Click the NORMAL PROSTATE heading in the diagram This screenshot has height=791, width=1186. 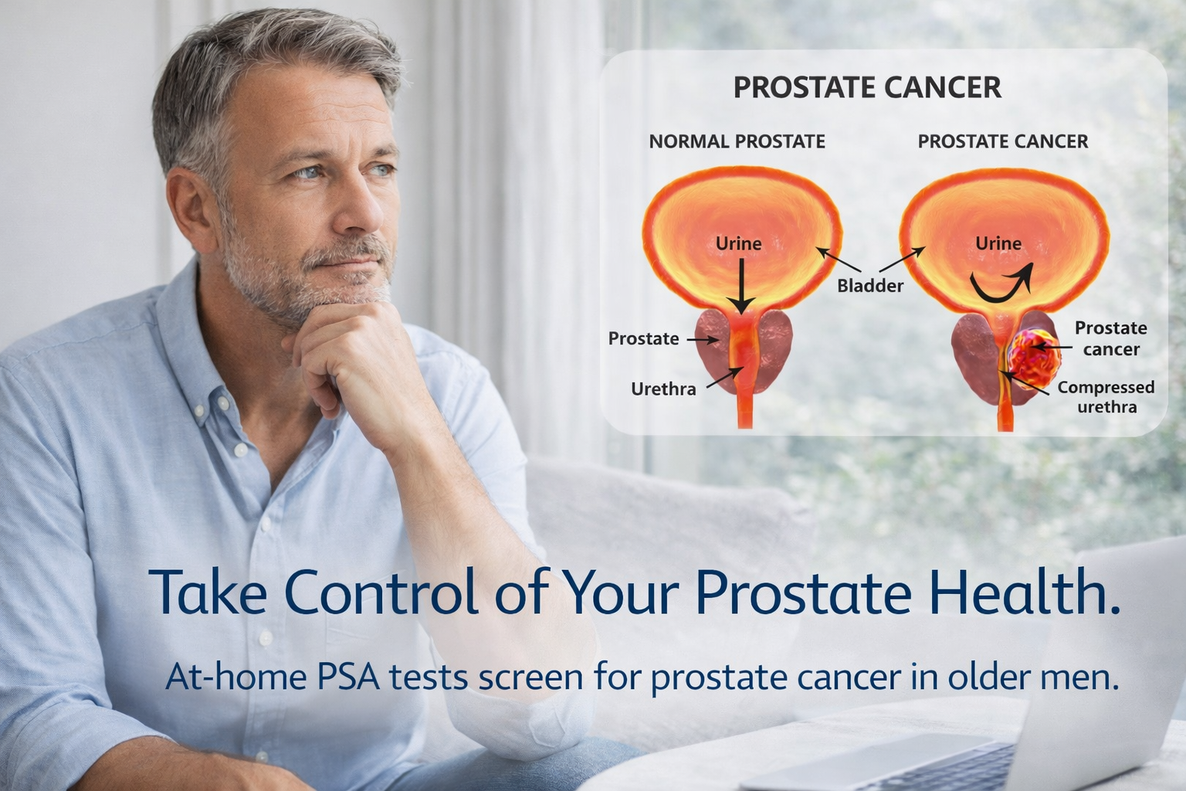click(x=737, y=141)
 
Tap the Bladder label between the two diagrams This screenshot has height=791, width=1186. click(x=870, y=286)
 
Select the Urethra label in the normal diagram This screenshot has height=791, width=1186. click(x=663, y=389)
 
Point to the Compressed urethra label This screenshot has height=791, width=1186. click(x=1106, y=397)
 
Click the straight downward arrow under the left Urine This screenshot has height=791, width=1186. click(x=740, y=286)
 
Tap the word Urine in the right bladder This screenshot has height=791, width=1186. click(x=998, y=243)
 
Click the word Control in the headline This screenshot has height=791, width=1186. click(x=381, y=591)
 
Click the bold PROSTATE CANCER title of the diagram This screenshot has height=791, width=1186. click(x=867, y=87)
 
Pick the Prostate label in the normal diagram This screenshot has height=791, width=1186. click(x=643, y=338)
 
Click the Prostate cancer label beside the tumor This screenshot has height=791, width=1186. click(x=1111, y=338)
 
